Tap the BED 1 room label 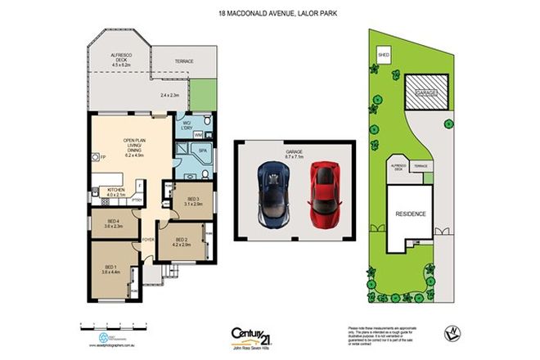(110, 268)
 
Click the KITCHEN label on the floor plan (116, 191)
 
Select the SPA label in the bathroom (202, 151)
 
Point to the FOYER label (147, 239)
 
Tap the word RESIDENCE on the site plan (410, 214)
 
